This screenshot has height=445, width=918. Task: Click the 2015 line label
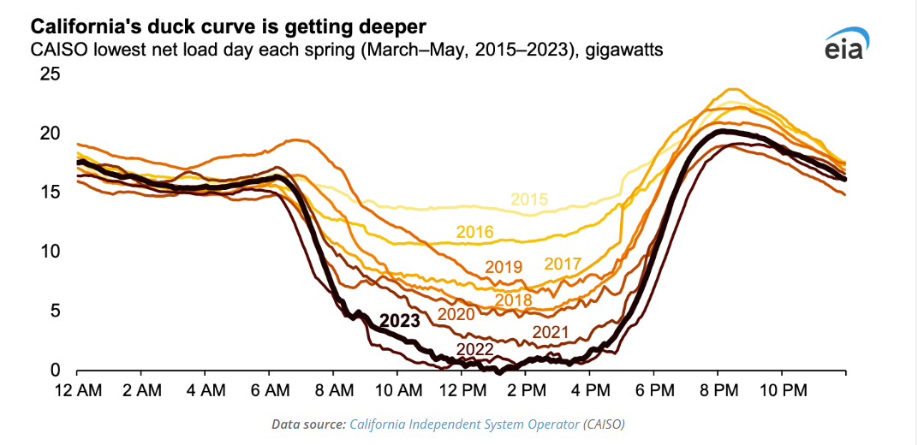click(x=529, y=200)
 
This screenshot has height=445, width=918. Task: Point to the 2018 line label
click(x=514, y=300)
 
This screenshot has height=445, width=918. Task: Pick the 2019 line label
click(x=504, y=268)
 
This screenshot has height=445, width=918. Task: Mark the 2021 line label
click(x=551, y=332)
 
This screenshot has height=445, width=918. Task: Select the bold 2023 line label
click(x=399, y=321)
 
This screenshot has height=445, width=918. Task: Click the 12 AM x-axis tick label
click(x=77, y=390)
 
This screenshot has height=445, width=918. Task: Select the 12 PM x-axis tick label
click(x=462, y=390)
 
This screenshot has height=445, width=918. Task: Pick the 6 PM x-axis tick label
click(x=653, y=390)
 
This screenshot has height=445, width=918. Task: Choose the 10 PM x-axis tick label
click(x=782, y=390)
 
